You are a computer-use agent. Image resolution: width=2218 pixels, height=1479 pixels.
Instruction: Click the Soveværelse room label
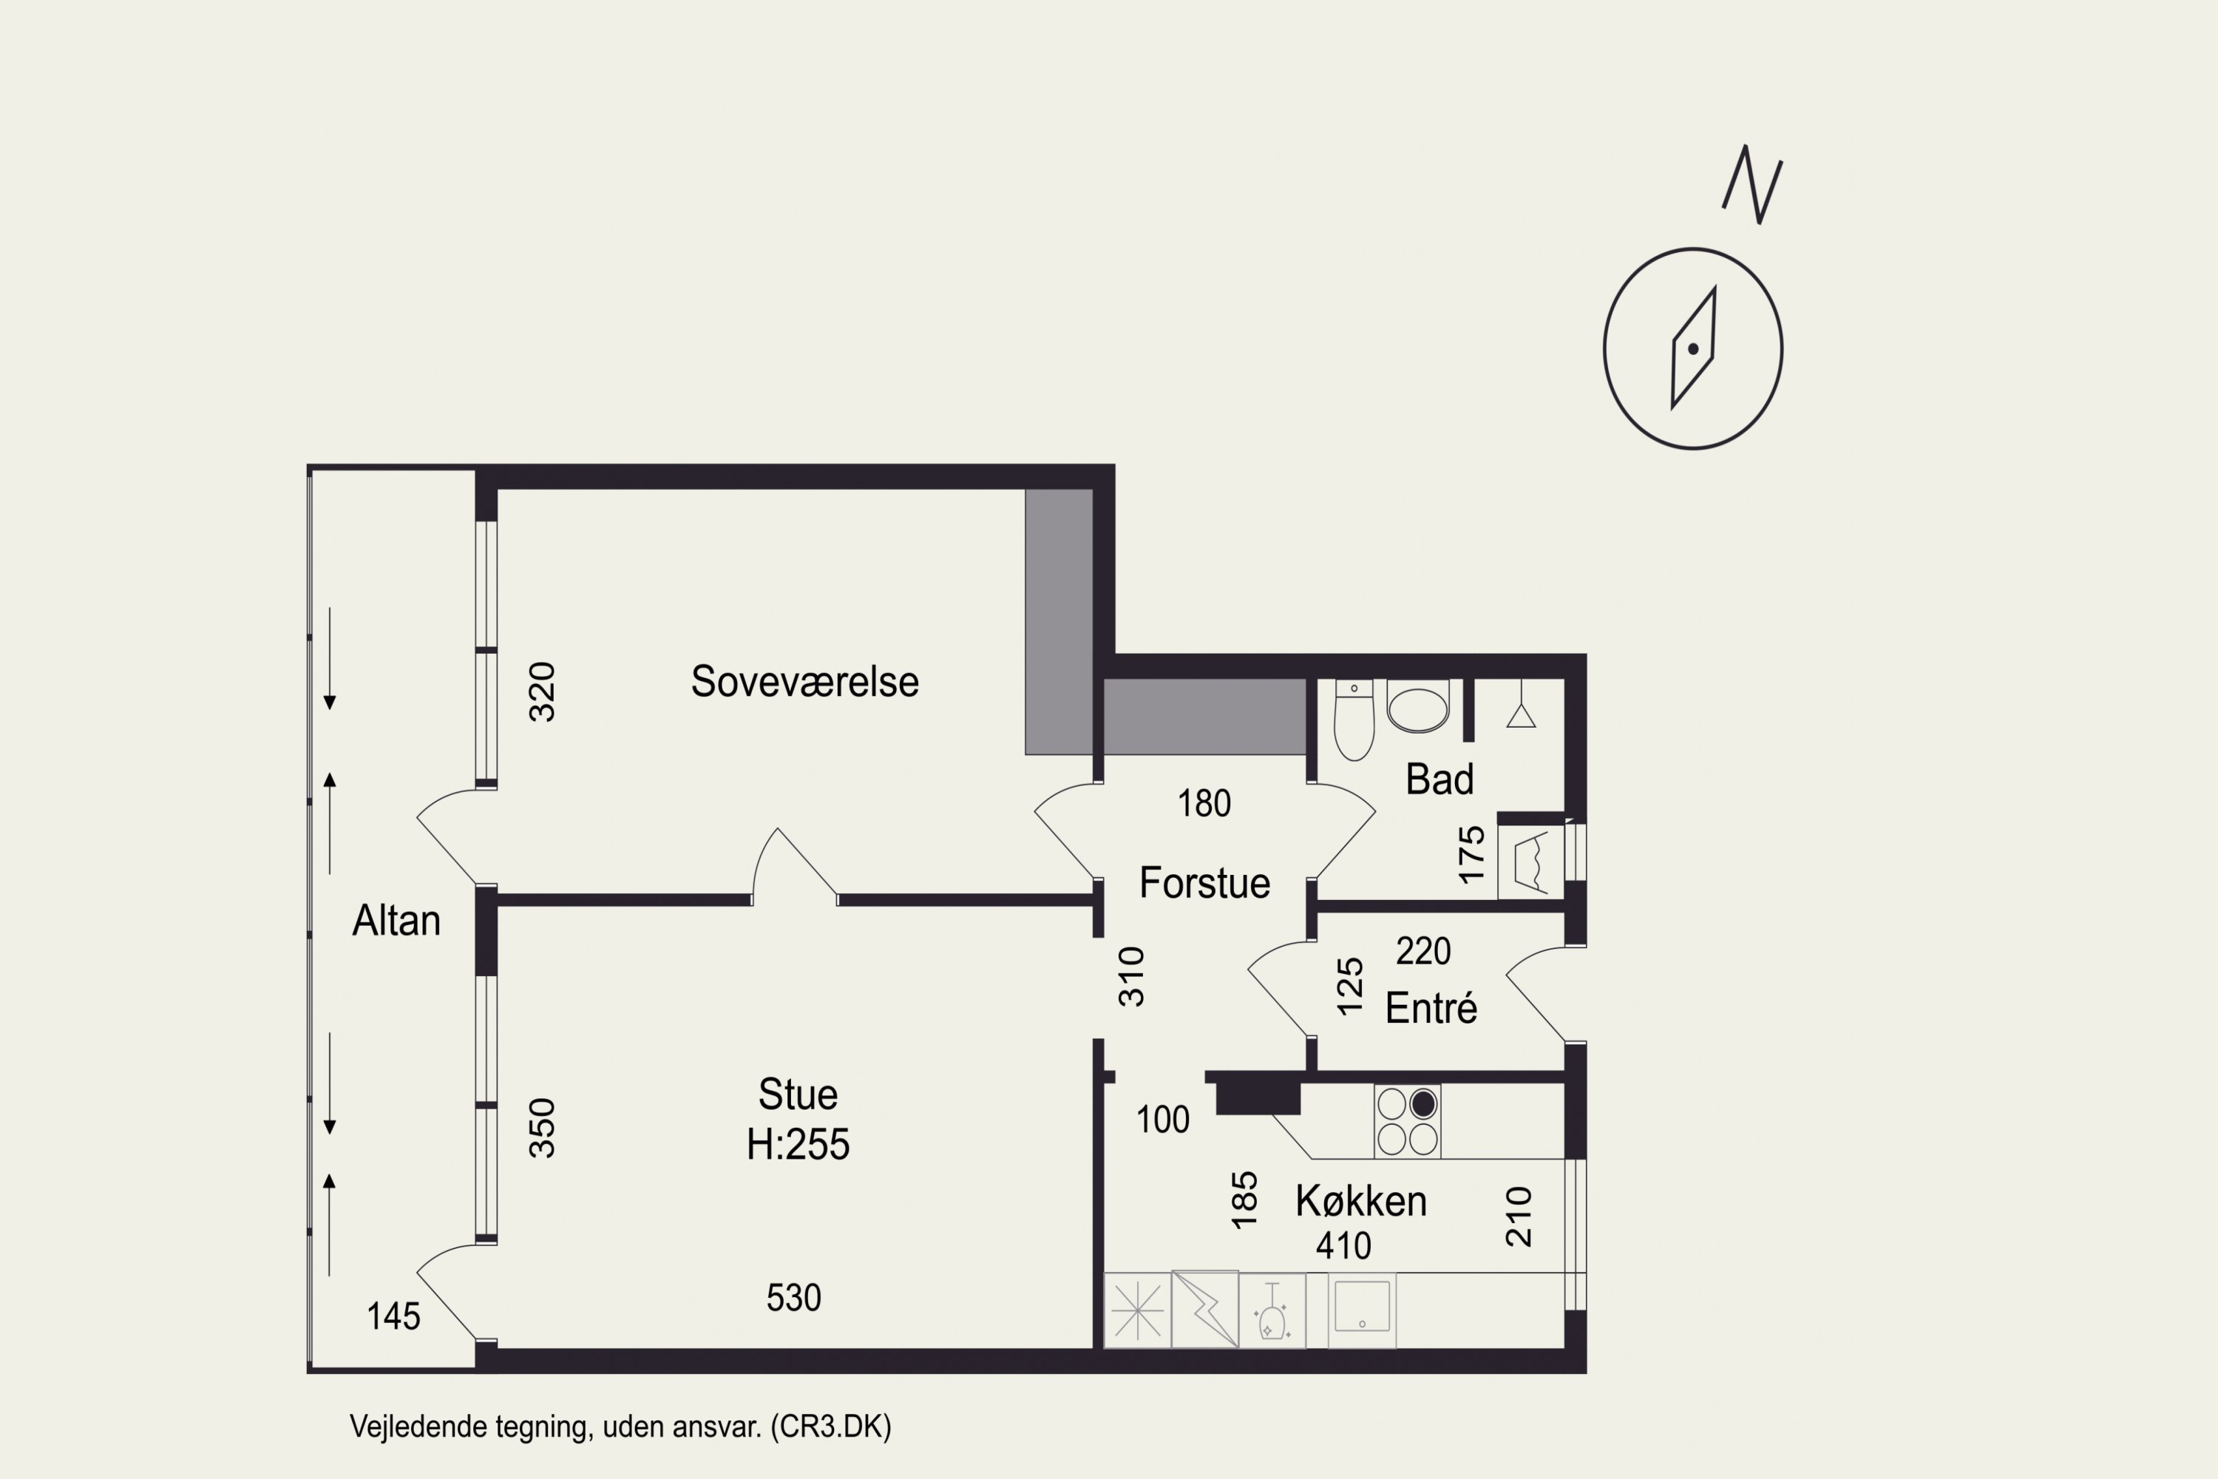click(804, 681)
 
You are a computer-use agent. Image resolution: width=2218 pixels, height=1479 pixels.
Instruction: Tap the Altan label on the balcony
click(396, 920)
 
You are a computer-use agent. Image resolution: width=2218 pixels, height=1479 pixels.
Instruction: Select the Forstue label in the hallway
click(1204, 882)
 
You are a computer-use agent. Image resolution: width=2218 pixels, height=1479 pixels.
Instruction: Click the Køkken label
click(1361, 1201)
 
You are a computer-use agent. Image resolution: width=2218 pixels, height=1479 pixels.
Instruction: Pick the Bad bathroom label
click(1439, 779)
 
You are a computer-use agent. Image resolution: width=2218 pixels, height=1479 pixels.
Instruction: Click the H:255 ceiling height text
click(798, 1144)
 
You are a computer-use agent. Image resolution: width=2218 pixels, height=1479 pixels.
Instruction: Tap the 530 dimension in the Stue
click(793, 1298)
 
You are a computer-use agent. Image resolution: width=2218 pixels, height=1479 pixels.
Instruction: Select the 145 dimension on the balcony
click(393, 1316)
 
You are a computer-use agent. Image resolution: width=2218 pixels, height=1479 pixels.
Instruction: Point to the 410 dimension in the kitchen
click(1344, 1246)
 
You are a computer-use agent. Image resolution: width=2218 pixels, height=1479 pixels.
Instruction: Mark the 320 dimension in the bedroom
click(542, 692)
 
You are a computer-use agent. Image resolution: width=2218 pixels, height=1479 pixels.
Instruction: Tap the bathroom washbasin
click(1418, 708)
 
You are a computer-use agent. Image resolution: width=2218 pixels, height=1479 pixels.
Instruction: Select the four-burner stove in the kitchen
click(1407, 1122)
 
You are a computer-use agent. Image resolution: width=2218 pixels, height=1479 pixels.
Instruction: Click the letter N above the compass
click(1752, 184)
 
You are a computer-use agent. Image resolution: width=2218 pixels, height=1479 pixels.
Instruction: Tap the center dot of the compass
click(1693, 349)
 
